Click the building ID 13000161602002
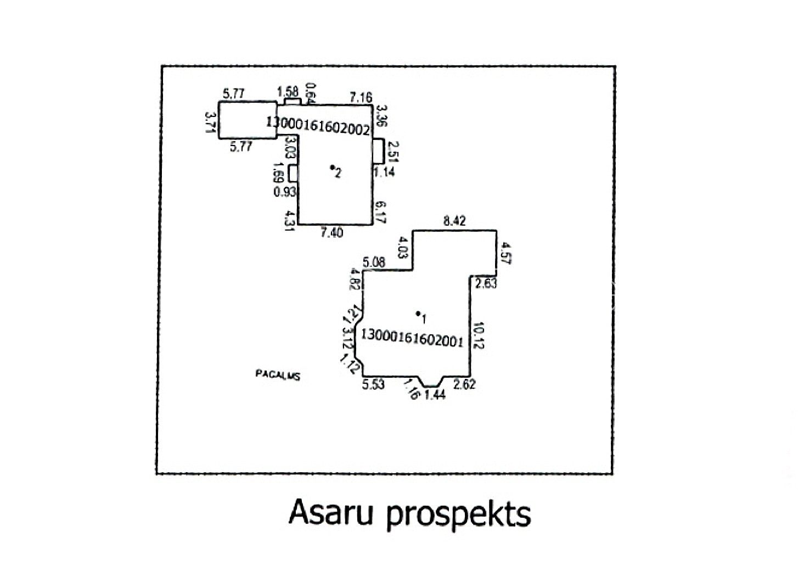tap(318, 124)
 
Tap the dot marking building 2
tap(331, 167)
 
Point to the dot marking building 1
tap(418, 313)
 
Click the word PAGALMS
tap(278, 375)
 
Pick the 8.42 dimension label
tap(454, 221)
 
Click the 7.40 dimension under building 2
tap(331, 233)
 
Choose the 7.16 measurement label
tap(361, 98)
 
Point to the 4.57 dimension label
tap(505, 254)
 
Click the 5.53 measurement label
tap(373, 384)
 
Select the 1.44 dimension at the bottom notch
tap(435, 394)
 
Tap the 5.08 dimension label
tap(374, 262)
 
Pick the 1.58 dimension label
tap(288, 91)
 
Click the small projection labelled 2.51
tap(378, 151)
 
